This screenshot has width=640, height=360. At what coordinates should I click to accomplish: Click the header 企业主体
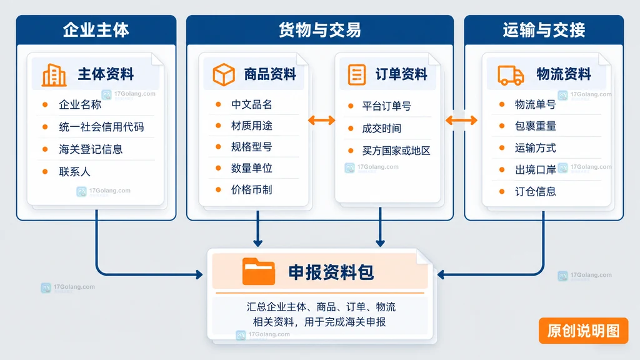96,30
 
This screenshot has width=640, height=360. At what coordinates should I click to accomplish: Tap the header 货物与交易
319,30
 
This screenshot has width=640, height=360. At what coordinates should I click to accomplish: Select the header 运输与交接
544,30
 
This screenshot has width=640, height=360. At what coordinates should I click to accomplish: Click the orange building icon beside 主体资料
54,75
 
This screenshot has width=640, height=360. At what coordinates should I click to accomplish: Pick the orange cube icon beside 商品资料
224,74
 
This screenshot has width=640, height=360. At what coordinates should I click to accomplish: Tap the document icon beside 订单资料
357,74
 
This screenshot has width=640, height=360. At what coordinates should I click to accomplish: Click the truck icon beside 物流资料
511,75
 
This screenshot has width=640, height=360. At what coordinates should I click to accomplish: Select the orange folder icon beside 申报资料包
258,271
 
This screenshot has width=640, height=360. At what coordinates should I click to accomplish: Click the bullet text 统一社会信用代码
101,127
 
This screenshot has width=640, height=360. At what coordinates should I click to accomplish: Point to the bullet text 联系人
74,172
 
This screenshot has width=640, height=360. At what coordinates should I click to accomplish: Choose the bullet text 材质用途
251,126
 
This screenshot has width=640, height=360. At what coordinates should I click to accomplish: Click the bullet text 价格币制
251,190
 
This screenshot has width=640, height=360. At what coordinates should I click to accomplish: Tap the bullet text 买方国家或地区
396,151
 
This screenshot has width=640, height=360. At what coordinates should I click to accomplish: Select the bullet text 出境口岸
535,170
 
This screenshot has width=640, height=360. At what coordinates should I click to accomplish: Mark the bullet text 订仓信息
535,191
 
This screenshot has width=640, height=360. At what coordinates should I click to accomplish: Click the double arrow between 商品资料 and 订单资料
322,120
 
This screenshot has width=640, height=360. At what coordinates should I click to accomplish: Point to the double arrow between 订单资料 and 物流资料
461,120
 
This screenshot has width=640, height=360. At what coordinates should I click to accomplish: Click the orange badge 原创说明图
583,331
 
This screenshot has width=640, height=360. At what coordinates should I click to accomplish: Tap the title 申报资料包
331,272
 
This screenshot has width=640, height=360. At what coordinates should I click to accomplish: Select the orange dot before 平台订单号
351,106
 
